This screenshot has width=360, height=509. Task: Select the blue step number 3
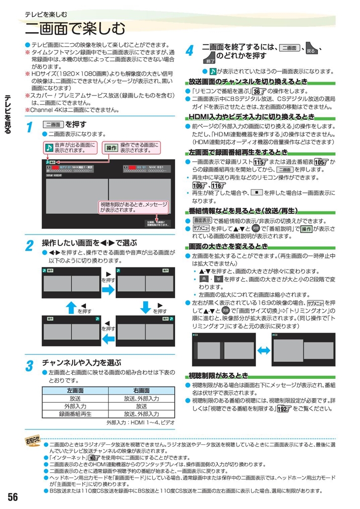tap(29, 366)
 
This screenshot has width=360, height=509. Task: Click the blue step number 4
tap(189, 51)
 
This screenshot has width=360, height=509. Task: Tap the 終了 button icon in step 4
tap(209, 58)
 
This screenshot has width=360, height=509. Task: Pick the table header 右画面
tap(141, 390)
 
